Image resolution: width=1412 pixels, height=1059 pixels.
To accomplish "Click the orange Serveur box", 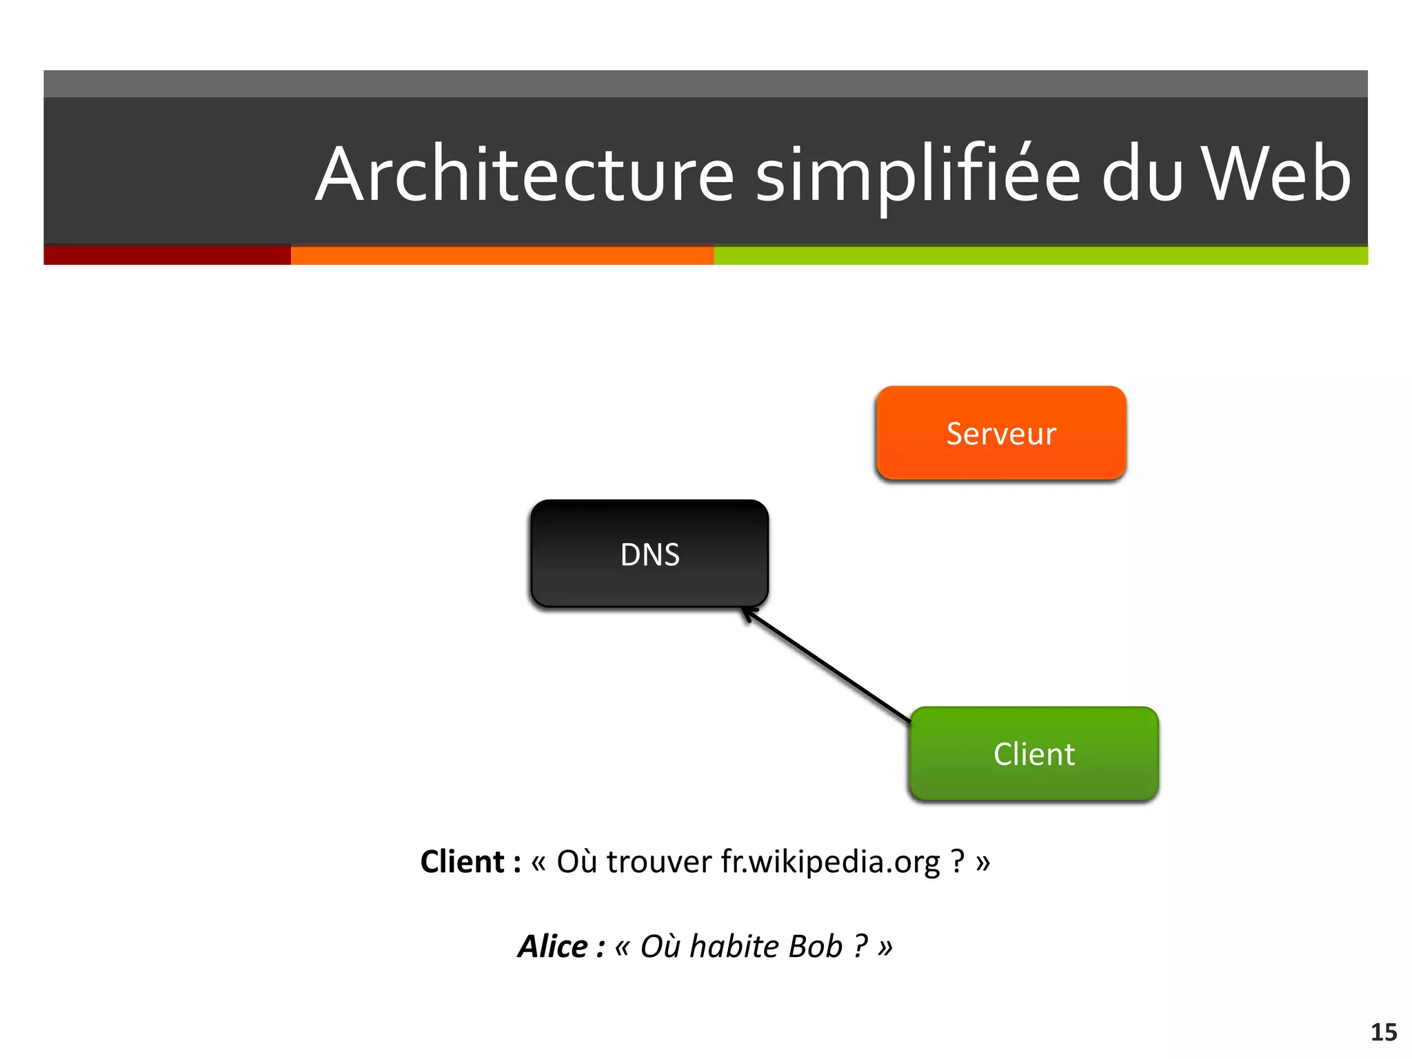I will click(1001, 433).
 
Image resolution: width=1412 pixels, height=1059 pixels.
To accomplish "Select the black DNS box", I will click(649, 554).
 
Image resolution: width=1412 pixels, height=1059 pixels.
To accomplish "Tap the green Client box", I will click(1033, 754).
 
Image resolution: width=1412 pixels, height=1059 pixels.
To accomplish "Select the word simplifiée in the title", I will click(917, 175).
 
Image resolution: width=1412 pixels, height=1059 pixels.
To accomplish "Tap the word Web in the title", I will click(1276, 175).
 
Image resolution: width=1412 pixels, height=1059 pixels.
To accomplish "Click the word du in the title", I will click(1141, 175).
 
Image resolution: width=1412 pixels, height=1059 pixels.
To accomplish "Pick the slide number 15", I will click(1383, 1032).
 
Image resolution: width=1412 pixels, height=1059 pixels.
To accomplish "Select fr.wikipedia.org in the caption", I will click(830, 862).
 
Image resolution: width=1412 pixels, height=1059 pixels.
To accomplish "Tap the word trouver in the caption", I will click(658, 862).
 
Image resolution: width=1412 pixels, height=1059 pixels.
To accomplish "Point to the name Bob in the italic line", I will click(816, 947).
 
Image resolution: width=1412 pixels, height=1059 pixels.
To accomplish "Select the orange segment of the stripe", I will click(502, 255).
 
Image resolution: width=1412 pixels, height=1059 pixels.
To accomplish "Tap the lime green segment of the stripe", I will click(1040, 255).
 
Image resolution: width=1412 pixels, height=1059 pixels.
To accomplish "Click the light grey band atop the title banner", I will click(705, 83).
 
